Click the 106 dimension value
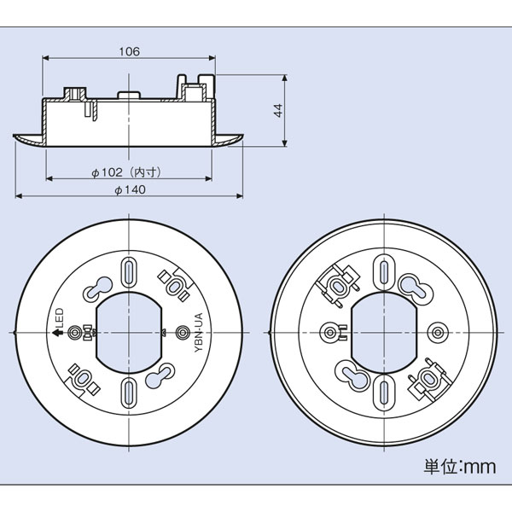(129, 51)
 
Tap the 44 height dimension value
(278, 110)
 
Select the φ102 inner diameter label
(125, 172)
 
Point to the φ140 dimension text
(130, 189)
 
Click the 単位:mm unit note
(460, 466)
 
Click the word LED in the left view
(60, 317)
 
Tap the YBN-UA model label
(199, 333)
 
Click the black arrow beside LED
(58, 333)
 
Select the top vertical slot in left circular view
(130, 271)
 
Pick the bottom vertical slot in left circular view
(129, 393)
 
